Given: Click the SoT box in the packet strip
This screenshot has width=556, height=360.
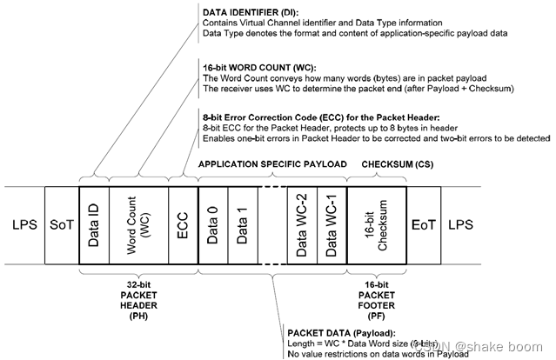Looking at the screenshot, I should [60, 224].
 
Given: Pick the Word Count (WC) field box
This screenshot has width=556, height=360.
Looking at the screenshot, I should [140, 224].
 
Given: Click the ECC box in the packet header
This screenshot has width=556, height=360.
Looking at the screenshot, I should [183, 224].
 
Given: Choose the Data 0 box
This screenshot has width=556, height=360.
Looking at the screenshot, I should [214, 224].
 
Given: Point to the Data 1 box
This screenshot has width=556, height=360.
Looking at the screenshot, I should [245, 224].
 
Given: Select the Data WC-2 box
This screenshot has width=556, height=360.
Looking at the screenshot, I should [302, 224].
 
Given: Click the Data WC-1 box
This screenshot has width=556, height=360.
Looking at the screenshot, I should [332, 224].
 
